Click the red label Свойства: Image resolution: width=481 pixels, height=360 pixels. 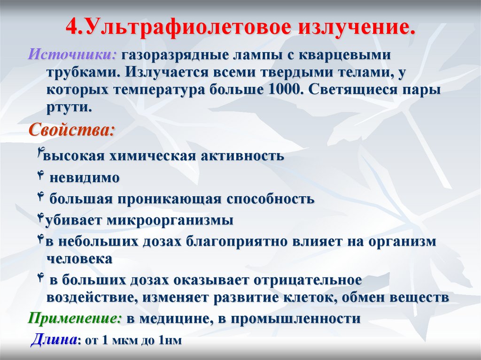[x=71, y=130]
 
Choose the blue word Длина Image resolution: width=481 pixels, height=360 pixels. [x=53, y=339]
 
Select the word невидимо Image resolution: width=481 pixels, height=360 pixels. [x=85, y=178]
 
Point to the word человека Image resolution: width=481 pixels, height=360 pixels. [x=79, y=258]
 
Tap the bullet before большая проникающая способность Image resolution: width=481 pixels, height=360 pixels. [x=40, y=197]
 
